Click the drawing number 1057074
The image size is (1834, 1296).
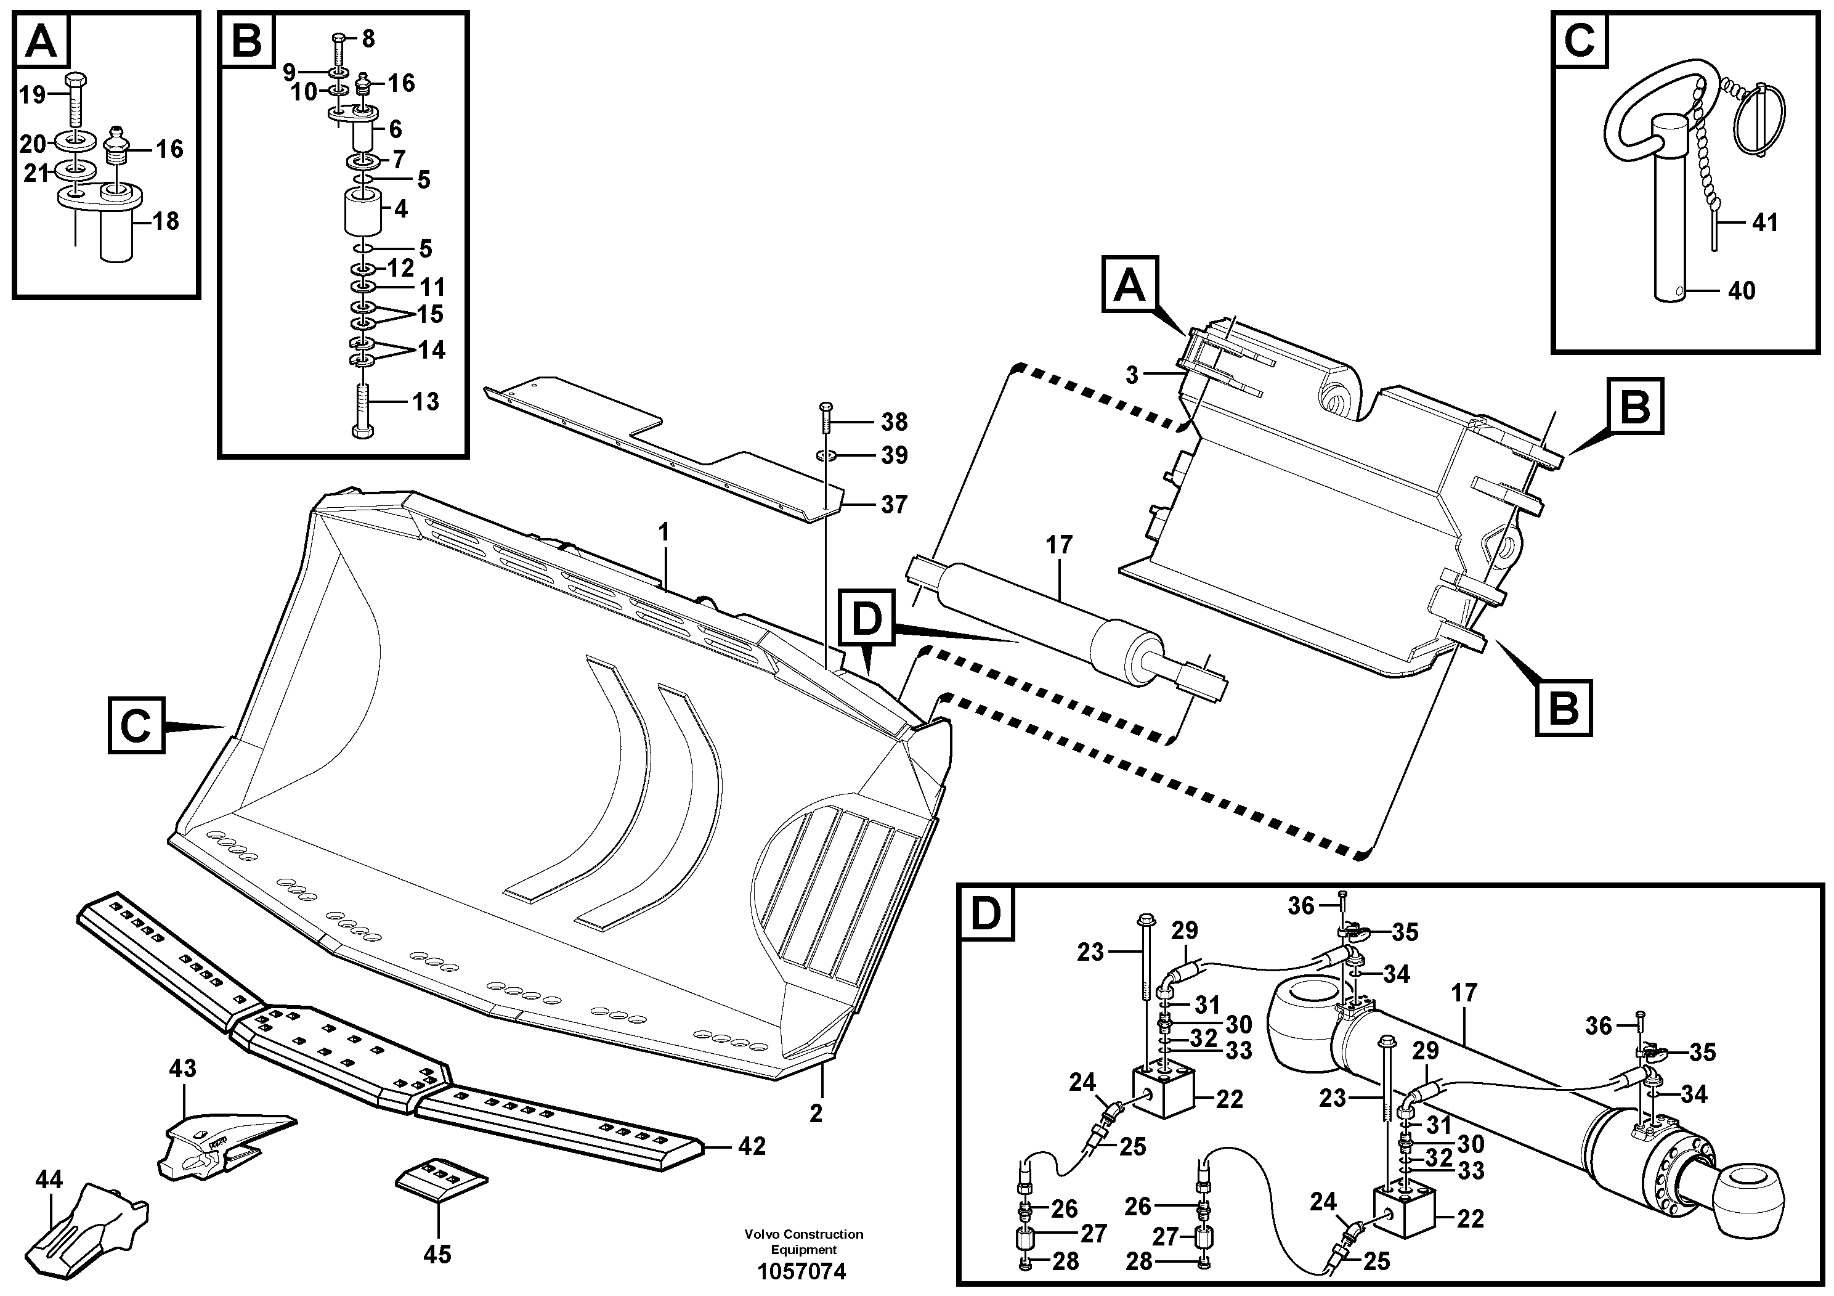tap(803, 1271)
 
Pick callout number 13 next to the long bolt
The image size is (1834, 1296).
tap(426, 401)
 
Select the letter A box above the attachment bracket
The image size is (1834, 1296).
tap(1129, 283)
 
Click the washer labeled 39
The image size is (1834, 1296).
tap(827, 455)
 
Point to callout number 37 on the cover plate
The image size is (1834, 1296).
tap(894, 504)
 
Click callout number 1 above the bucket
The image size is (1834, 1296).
tap(662, 531)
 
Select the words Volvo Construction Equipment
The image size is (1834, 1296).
tap(803, 1241)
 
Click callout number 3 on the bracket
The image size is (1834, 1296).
tap(1131, 374)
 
